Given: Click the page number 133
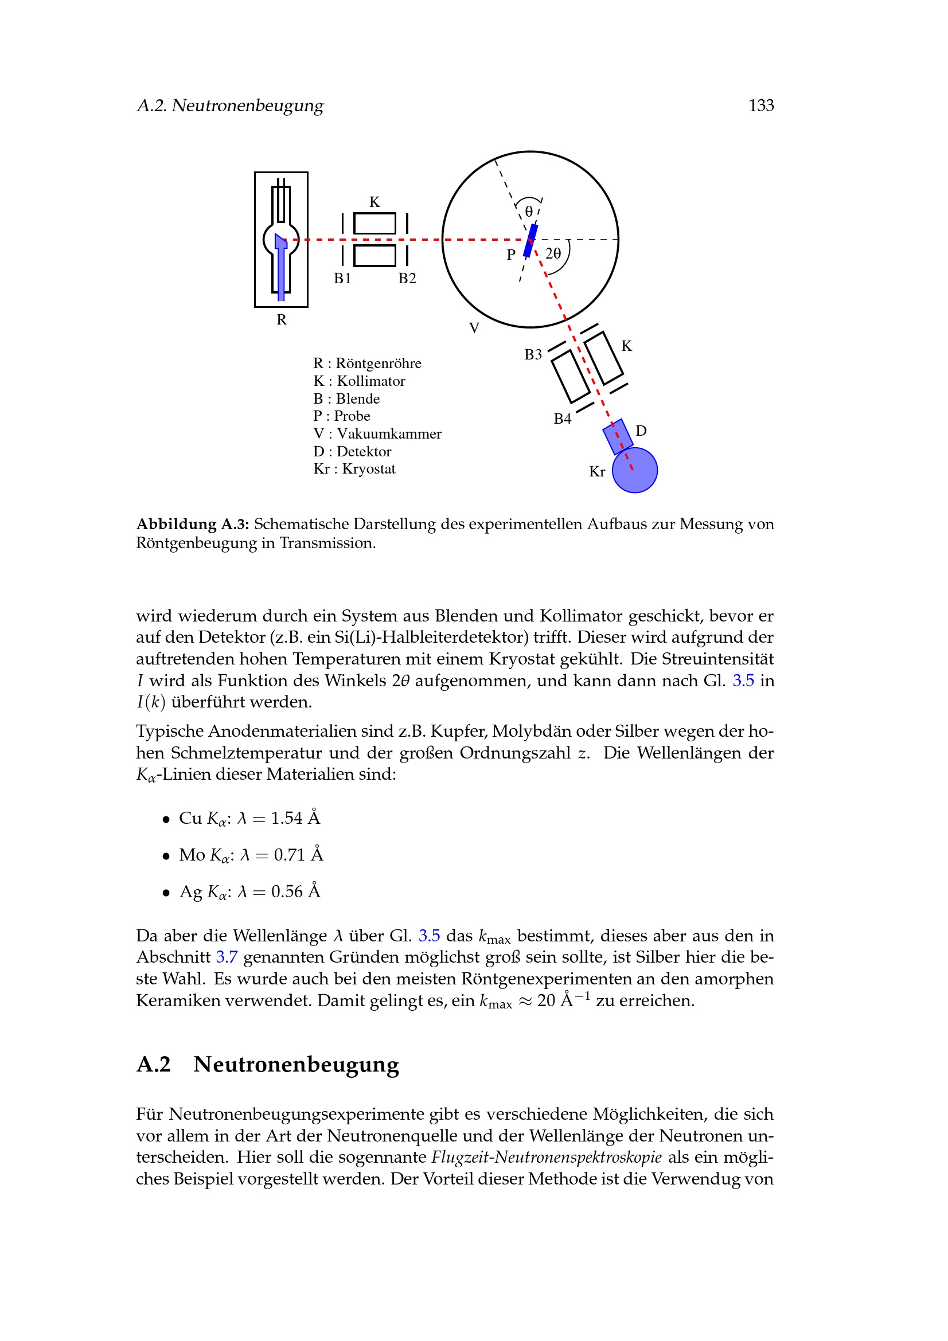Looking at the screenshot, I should (x=760, y=105).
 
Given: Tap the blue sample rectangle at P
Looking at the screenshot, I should (x=530, y=241).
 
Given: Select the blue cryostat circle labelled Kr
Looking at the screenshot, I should (x=635, y=471).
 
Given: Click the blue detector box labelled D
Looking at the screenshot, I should (x=618, y=436).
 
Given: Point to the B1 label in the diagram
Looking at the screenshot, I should (x=342, y=279).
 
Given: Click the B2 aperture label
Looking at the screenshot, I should (x=407, y=279).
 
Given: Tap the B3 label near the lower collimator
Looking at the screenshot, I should (x=533, y=355).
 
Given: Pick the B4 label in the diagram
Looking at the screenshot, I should (x=563, y=419).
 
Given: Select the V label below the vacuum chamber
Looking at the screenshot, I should (x=474, y=329).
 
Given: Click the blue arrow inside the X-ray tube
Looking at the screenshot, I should (x=281, y=266).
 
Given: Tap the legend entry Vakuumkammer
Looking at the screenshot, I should (x=389, y=434).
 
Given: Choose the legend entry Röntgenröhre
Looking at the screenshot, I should (x=379, y=363).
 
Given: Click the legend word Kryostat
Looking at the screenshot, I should (x=369, y=469).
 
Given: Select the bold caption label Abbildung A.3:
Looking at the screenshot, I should (x=193, y=525).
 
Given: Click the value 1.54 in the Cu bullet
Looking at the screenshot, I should (x=286, y=818).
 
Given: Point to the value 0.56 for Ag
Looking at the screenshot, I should (x=287, y=892).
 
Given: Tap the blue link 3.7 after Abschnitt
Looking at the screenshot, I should (x=227, y=957).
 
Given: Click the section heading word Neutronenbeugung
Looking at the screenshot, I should (x=296, y=1065).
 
